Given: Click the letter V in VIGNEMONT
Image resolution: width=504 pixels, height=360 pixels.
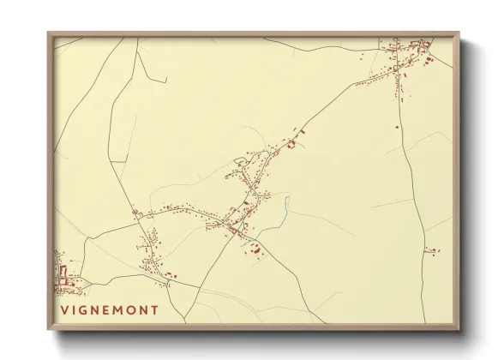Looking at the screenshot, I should point(65,310).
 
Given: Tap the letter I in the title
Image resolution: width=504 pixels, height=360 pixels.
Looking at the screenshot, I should point(77,310).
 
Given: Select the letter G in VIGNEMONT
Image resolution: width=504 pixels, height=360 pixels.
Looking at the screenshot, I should point(87,310).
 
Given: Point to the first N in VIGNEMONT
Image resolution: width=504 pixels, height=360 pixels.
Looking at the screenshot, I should point(100,310).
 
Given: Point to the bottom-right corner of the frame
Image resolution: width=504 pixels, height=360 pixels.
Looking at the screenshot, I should point(459,330).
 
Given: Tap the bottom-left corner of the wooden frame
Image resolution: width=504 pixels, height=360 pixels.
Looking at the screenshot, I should point(48,330).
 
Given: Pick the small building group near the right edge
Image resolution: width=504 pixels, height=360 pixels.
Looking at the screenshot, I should point(433,250).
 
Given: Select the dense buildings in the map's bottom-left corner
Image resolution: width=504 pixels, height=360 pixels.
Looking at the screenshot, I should point(63,276).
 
